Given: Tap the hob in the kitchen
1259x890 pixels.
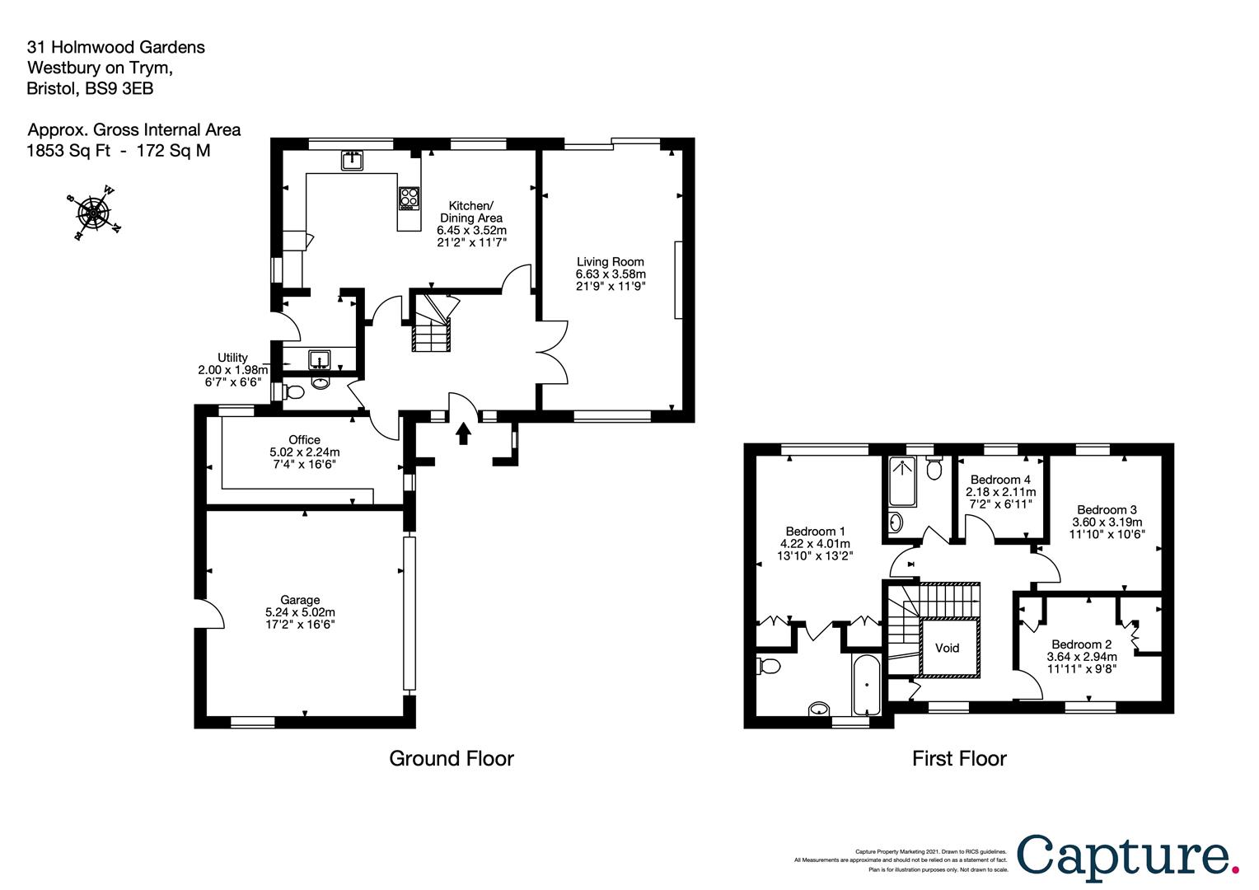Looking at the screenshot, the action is click(x=410, y=199).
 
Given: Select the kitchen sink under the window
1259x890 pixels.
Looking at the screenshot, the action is click(x=352, y=161).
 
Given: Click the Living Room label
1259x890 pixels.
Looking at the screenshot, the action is click(x=611, y=261).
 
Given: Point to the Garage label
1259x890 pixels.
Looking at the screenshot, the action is click(x=300, y=601).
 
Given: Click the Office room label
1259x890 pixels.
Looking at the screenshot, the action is click(x=304, y=440).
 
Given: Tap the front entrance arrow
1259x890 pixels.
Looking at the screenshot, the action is click(x=463, y=433).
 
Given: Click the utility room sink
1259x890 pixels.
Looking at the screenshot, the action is click(x=320, y=358).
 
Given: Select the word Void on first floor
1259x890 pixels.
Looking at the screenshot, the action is click(x=947, y=648).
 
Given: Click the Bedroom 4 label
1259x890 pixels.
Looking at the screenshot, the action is click(x=1000, y=480).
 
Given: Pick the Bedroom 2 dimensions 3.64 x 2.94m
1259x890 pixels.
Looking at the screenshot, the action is click(x=1082, y=657).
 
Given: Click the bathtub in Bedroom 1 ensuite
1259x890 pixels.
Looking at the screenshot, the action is click(x=866, y=684).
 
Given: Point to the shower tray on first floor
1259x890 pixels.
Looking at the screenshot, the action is click(x=903, y=480).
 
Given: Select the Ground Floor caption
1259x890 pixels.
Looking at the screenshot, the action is click(x=452, y=758).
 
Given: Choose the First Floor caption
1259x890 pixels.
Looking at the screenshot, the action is click(x=959, y=758).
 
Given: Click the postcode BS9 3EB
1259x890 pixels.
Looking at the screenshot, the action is click(x=119, y=88).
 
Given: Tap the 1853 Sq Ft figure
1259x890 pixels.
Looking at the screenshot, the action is click(x=68, y=151).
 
